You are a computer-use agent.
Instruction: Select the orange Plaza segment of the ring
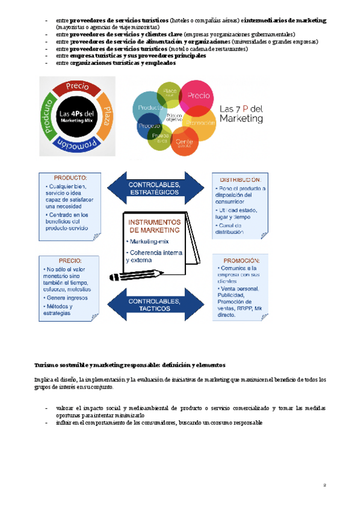(x=104, y=114)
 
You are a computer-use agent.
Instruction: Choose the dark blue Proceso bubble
(x=149, y=127)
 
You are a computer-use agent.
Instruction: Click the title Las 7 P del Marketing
(x=242, y=114)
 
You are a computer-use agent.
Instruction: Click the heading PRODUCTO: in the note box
(x=70, y=178)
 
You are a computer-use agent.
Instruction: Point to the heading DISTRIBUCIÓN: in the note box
(x=239, y=179)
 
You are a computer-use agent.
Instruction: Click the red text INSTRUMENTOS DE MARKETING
(x=155, y=226)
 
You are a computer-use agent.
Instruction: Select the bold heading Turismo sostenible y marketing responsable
(x=129, y=364)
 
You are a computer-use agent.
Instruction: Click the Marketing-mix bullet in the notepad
(x=150, y=241)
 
